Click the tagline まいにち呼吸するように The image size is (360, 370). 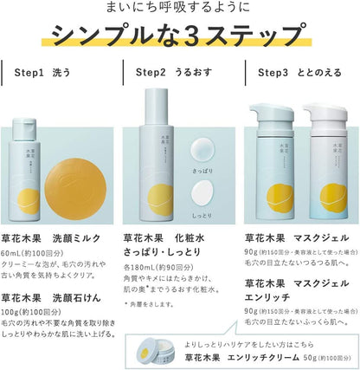pyautogui.click(x=180, y=10)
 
